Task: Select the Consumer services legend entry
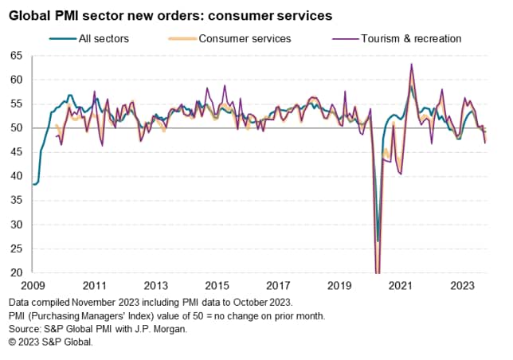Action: pyautogui.click(x=245, y=38)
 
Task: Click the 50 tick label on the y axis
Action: pyautogui.click(x=16, y=128)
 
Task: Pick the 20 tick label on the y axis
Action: pyautogui.click(x=16, y=273)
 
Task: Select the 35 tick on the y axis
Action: pyautogui.click(x=16, y=201)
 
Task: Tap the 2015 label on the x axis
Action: pyautogui.click(x=216, y=285)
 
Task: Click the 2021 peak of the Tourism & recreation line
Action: pyautogui.click(x=411, y=64)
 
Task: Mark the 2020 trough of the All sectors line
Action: pyautogui.click(x=378, y=241)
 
